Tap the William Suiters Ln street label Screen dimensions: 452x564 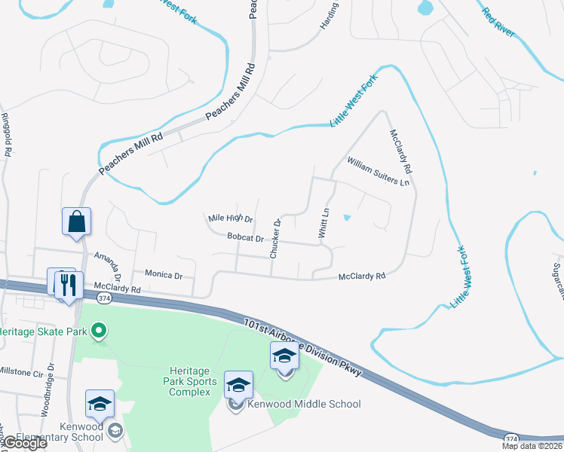point(378,172)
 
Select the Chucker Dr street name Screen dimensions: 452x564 point(276,239)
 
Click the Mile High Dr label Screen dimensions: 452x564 point(230,219)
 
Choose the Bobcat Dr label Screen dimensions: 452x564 point(245,238)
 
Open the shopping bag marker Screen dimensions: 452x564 point(76,222)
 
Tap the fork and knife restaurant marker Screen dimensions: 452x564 point(68,284)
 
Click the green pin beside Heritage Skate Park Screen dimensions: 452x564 point(98,330)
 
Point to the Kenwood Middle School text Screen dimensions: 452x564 point(304,405)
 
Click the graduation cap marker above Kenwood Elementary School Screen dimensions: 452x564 point(100,405)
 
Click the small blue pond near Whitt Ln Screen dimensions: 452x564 point(346,218)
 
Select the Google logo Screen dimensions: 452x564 point(24,443)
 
